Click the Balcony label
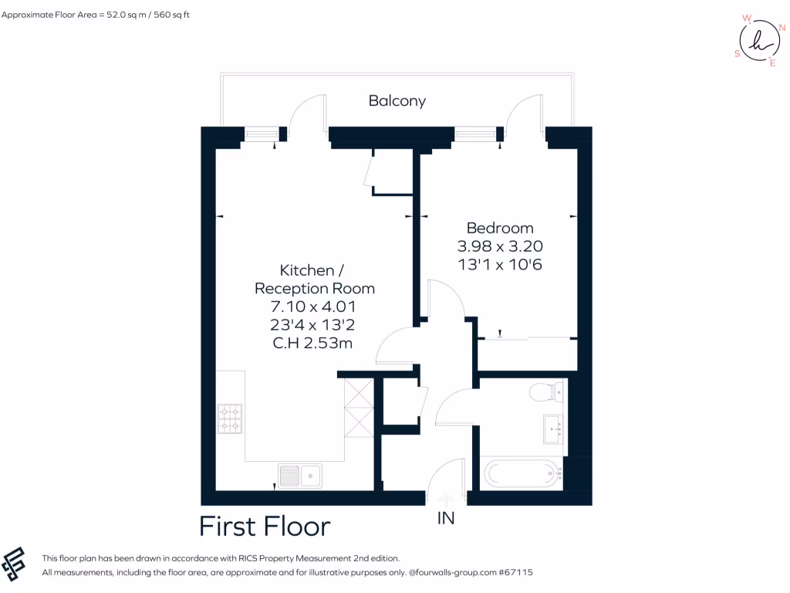(x=397, y=101)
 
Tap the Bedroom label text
(x=500, y=229)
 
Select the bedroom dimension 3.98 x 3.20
(x=500, y=247)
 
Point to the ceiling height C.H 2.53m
(x=315, y=344)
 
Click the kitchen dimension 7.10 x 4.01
(x=315, y=307)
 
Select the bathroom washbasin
(x=554, y=429)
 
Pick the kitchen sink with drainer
(x=300, y=476)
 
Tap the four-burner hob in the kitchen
(x=230, y=418)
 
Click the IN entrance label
(x=446, y=519)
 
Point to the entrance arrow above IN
(x=446, y=500)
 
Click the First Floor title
(x=265, y=527)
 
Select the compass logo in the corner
(x=759, y=40)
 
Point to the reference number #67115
(x=515, y=573)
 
